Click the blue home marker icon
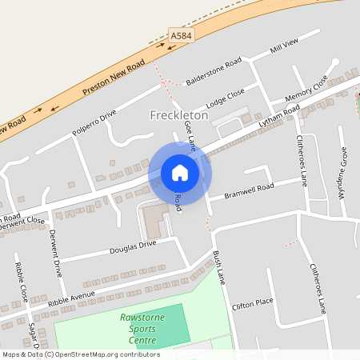coord(180,172)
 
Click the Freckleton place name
coord(179,115)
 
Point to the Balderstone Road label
coord(214,72)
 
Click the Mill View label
coord(284,46)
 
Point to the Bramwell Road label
coord(249,190)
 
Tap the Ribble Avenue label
coord(71,298)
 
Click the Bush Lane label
coord(219,268)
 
